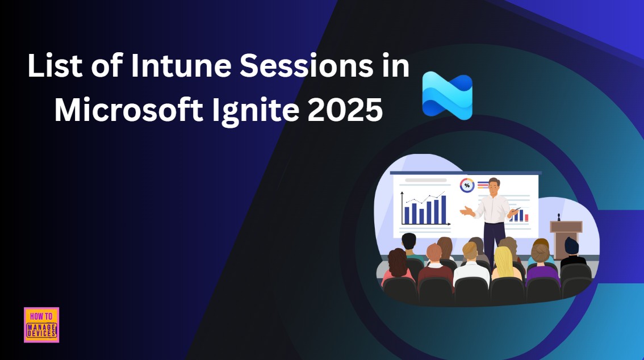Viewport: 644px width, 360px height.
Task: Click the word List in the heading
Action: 56,66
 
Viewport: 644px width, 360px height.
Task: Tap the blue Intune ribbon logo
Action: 448,94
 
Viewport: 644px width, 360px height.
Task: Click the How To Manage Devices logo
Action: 41,325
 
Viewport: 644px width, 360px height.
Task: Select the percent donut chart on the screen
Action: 467,185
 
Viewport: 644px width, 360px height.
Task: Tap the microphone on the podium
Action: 559,217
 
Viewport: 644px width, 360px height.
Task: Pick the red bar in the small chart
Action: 526,217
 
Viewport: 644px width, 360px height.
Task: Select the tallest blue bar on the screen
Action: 444,209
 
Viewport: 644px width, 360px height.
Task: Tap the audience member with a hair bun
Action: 540,253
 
